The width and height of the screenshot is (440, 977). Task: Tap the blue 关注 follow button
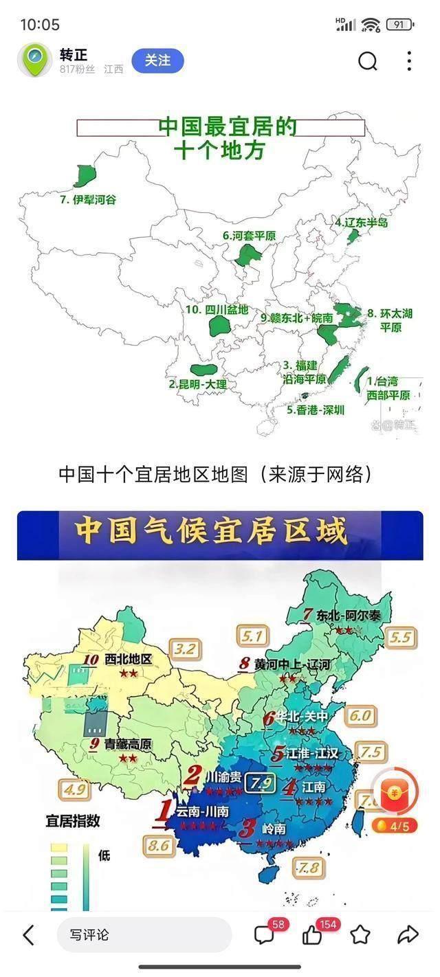[157, 61]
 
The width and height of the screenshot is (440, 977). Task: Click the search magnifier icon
[368, 62]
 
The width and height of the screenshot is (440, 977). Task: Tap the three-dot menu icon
[409, 62]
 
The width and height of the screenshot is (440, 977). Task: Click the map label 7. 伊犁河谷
[88, 200]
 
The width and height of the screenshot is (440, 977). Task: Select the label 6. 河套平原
[249, 236]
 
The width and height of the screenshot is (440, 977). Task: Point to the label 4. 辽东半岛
[362, 223]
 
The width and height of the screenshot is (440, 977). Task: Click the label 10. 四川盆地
[217, 310]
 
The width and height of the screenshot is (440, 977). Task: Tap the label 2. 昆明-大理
[197, 384]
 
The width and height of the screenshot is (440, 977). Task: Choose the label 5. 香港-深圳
[316, 410]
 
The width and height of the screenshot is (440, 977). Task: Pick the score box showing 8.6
[159, 846]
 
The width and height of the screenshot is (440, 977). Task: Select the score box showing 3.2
[186, 649]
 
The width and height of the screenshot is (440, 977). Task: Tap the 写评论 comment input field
[144, 935]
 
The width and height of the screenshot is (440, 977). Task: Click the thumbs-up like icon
[312, 935]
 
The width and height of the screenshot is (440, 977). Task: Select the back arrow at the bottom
[29, 935]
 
